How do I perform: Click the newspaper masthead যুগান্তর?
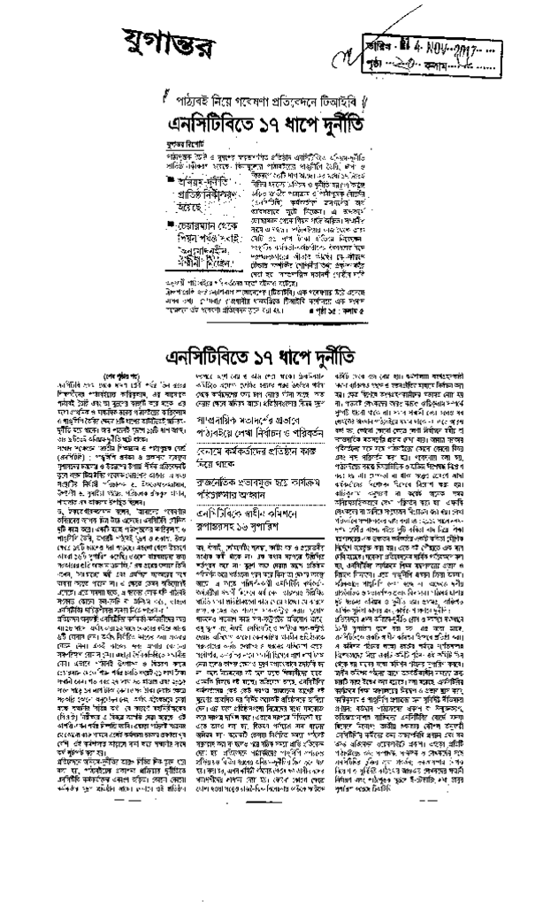(x=173, y=39)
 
